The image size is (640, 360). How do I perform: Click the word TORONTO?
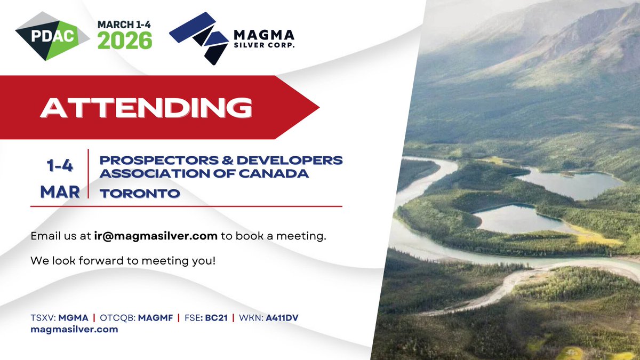pos(139,194)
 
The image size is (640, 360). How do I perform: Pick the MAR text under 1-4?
pos(60,191)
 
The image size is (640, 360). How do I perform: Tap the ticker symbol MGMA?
pos(73,318)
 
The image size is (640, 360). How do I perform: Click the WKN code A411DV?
pos(282,318)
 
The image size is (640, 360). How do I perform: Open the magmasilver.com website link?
pos(74,330)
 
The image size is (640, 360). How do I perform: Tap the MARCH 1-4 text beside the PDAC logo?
pos(124,25)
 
